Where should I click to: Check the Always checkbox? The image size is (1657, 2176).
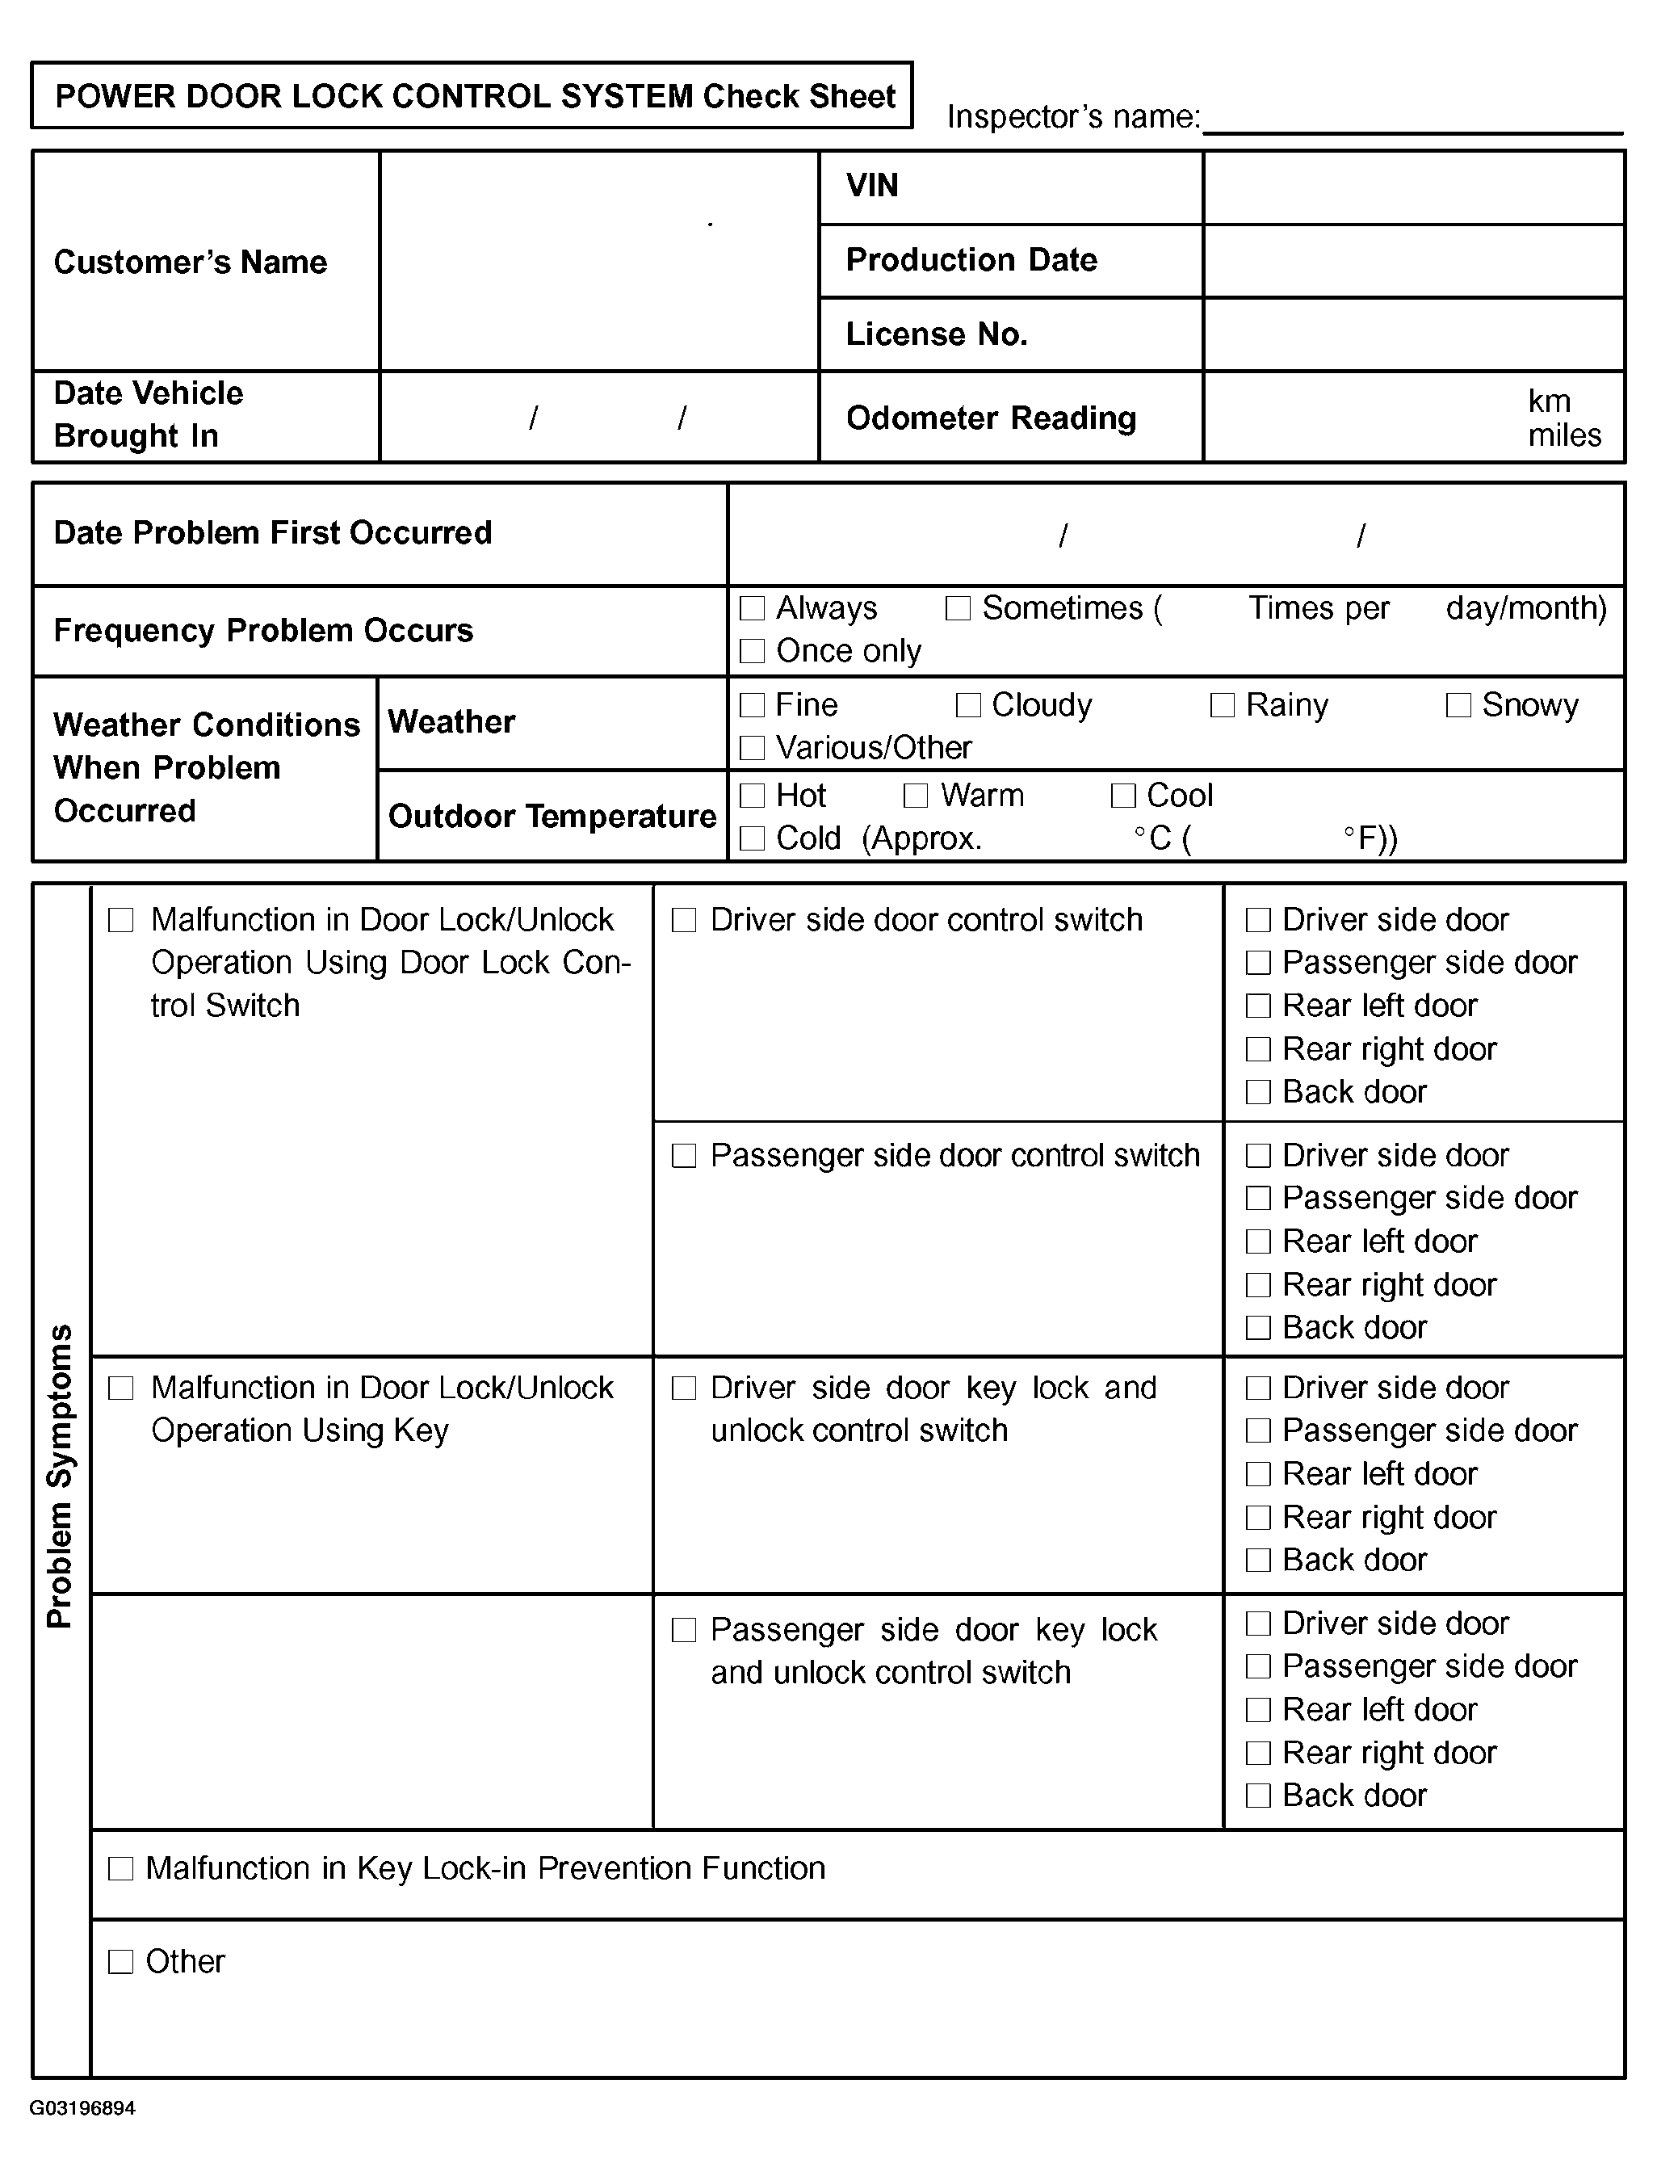tap(753, 607)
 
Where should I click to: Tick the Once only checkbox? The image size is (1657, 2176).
tap(753, 651)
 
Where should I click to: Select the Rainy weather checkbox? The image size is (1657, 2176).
tap(1222, 704)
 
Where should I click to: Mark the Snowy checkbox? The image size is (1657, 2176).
tap(1458, 704)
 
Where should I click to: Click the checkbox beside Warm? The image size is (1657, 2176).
tap(917, 795)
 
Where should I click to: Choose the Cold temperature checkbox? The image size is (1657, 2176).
tap(753, 838)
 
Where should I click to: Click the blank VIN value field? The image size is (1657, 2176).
tap(1413, 187)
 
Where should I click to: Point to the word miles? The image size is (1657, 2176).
tap(1564, 435)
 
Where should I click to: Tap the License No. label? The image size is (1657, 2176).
tap(937, 334)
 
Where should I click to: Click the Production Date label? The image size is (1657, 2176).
tap(971, 259)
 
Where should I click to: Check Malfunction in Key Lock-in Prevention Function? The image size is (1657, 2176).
tap(120, 1868)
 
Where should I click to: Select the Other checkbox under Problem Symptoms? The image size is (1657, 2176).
tap(120, 1961)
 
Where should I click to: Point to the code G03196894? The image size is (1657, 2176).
tap(83, 2108)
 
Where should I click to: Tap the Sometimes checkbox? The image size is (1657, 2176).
tap(958, 607)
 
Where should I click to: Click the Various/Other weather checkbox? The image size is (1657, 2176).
tap(753, 748)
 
